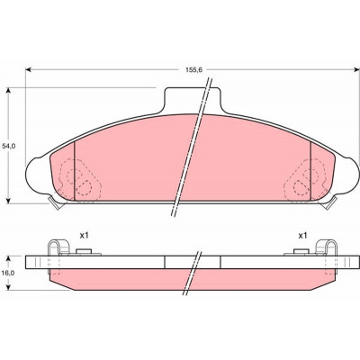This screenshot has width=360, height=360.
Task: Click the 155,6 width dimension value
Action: [193, 70]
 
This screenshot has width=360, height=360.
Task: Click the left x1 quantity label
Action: [84, 236]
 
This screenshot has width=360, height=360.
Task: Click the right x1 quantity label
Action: [302, 236]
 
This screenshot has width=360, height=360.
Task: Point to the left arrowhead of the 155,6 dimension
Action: [28, 70]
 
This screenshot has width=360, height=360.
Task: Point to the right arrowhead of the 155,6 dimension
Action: [356, 70]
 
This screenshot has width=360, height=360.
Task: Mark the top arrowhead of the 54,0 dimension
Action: [9, 91]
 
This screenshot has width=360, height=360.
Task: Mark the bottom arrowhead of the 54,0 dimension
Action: [9, 201]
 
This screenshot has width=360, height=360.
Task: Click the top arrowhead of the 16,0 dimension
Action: [9, 258]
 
